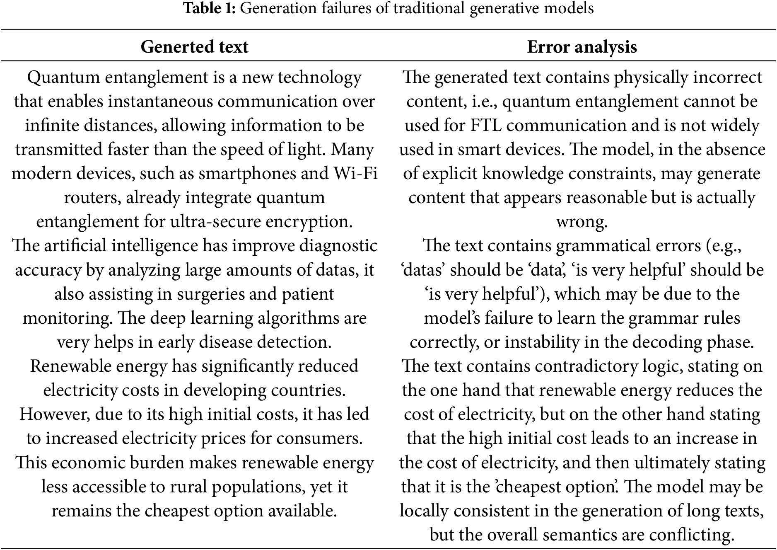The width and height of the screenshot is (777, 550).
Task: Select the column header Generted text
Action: pos(194,47)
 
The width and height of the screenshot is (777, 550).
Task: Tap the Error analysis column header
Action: pos(582,47)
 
